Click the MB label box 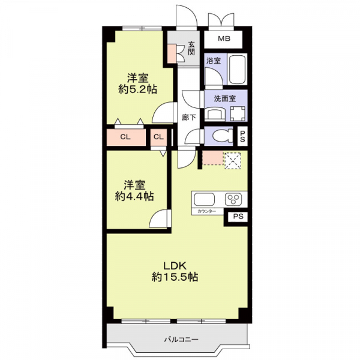[223, 39]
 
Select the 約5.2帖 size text [137, 89]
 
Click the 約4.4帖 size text [134, 196]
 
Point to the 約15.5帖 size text [175, 277]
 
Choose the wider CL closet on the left [126, 137]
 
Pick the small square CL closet [158, 137]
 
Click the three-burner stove [233, 199]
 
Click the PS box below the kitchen [238, 216]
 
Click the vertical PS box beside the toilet [242, 136]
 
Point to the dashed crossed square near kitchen [232, 160]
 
